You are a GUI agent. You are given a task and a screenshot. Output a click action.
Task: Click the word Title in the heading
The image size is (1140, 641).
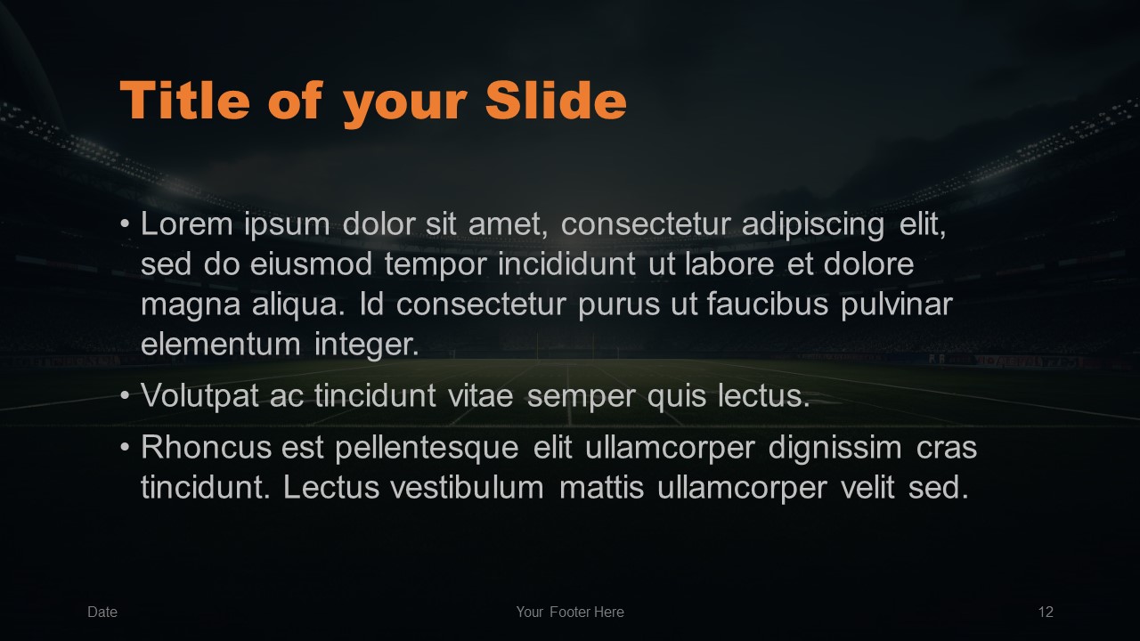click(185, 100)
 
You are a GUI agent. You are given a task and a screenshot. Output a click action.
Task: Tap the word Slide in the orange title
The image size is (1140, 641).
click(556, 100)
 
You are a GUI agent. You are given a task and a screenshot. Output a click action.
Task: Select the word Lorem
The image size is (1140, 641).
click(187, 223)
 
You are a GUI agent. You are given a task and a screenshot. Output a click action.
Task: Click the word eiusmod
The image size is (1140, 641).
click(311, 264)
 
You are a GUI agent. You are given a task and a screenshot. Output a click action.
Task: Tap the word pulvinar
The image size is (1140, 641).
click(897, 305)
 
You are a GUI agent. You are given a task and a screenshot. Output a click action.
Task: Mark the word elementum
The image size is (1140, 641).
click(221, 345)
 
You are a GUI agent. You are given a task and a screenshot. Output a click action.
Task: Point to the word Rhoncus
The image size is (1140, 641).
click(206, 448)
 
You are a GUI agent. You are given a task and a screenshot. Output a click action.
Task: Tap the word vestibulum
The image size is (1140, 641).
click(468, 487)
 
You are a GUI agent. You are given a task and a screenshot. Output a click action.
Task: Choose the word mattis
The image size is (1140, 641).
click(601, 487)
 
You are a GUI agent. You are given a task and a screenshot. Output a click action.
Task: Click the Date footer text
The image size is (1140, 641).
click(102, 612)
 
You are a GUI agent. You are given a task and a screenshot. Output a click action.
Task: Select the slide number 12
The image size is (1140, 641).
click(1046, 612)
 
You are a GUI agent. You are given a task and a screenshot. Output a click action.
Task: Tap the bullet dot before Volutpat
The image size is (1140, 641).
click(125, 396)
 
